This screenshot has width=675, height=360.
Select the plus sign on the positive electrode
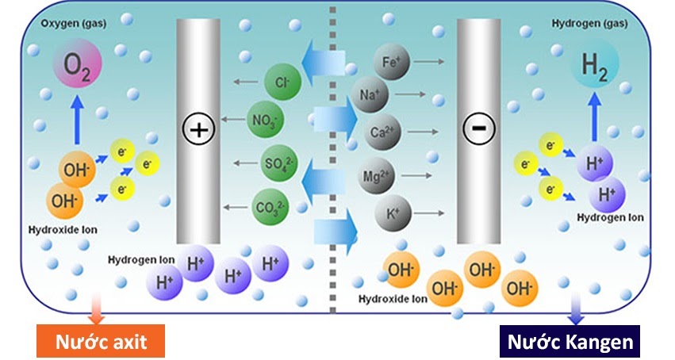[198, 128]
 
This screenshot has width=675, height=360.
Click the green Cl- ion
[282, 81]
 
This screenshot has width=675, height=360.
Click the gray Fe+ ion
[391, 61]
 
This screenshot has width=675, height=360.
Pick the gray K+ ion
[392, 213]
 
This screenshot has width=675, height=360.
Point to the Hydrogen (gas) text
[587, 23]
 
